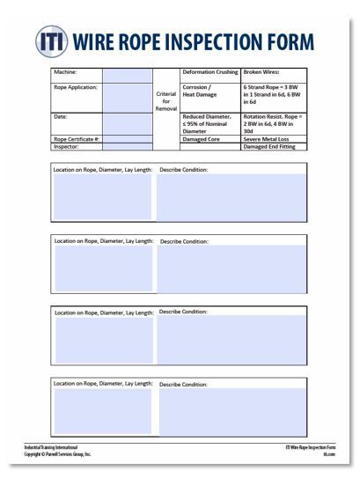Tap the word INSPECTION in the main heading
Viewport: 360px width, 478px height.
(x=219, y=40)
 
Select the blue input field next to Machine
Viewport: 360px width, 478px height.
(x=127, y=74)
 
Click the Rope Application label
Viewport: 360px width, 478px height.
(x=76, y=87)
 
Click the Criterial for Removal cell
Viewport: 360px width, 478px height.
(x=165, y=102)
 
